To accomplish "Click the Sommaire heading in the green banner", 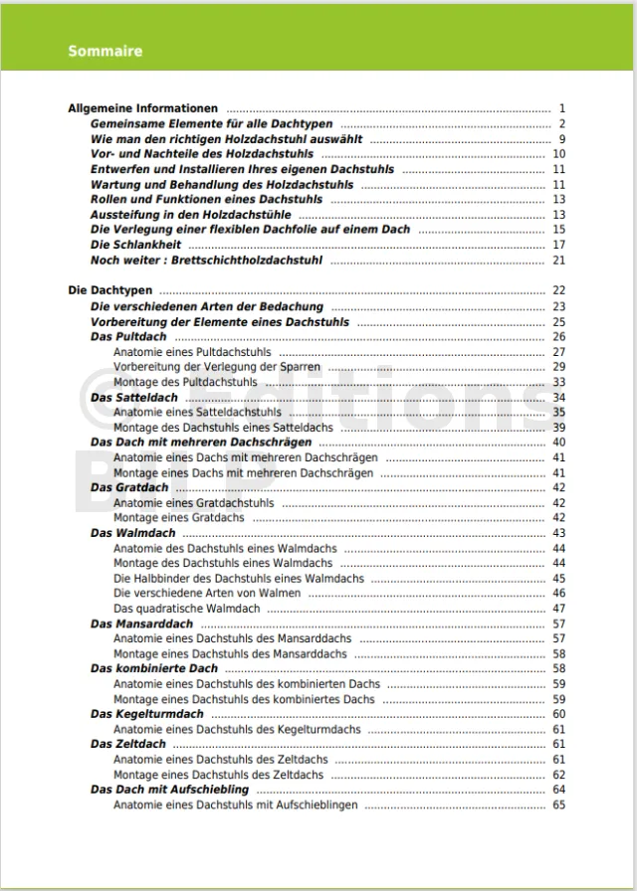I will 105,51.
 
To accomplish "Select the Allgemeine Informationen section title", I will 142,108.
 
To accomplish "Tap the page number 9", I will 561,139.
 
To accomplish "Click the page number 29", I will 559,367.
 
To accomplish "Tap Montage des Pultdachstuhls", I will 185,382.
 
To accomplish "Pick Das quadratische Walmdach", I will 186,609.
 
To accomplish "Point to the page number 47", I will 559,609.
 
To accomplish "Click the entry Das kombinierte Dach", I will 154,668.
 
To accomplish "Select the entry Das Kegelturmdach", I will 146,714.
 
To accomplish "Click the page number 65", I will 559,804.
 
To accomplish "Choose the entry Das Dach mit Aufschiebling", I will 169,790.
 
